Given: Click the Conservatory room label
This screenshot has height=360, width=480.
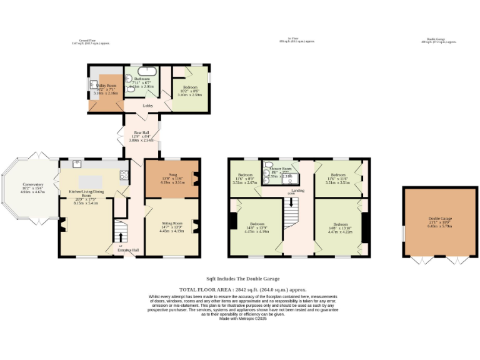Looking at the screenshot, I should (33, 184).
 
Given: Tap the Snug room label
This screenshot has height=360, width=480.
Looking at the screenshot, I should (165, 175).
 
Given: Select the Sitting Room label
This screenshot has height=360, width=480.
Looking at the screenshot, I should (172, 222).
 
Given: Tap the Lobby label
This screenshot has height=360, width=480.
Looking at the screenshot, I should (148, 106).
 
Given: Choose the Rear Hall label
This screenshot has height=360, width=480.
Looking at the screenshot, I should (141, 132).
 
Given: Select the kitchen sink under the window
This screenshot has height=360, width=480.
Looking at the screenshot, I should (77, 164).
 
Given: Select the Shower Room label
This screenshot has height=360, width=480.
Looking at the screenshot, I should (281, 169).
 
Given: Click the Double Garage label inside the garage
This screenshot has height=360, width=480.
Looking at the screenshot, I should (440, 218).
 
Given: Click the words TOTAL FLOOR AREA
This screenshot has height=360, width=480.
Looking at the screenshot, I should (206, 290).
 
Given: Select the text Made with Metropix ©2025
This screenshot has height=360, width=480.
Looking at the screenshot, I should (243, 319).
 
